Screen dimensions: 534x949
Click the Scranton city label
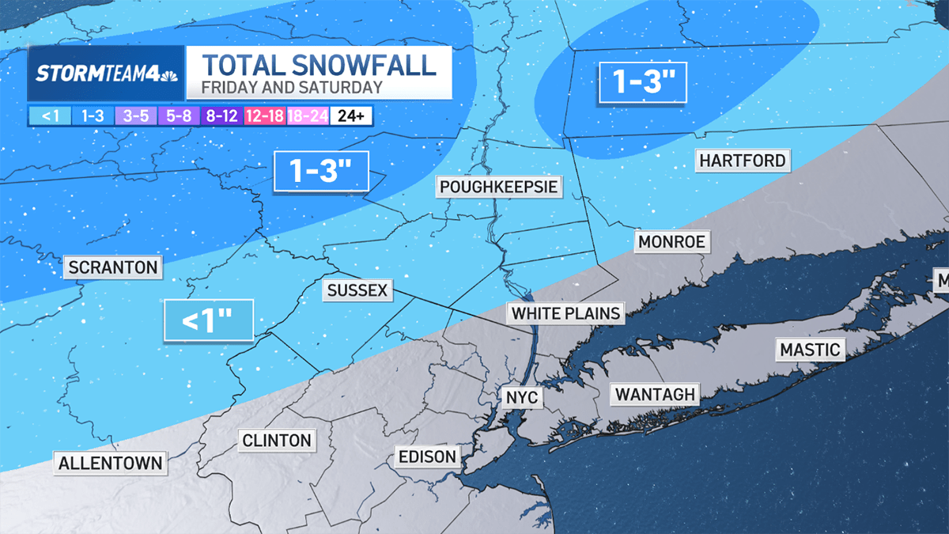pyautogui.click(x=113, y=267)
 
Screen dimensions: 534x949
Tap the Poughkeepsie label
pyautogui.click(x=499, y=187)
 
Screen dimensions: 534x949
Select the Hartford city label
pyautogui.click(x=743, y=161)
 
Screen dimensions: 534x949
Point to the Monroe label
pyautogui.click(x=671, y=241)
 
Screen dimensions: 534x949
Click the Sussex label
pyautogui.click(x=357, y=290)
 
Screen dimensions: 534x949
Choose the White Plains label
pyautogui.click(x=565, y=313)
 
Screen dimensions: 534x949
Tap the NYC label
pyautogui.click(x=522, y=396)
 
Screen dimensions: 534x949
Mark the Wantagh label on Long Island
pyautogui.click(x=655, y=393)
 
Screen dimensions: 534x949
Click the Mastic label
pyautogui.click(x=810, y=350)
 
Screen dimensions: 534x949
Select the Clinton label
pyautogui.click(x=277, y=440)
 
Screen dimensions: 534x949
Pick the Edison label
pyautogui.click(x=427, y=456)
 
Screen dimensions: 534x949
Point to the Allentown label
pyautogui.click(x=111, y=463)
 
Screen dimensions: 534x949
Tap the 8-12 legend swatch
pyautogui.click(x=222, y=116)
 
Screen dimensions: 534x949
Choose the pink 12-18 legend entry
pyautogui.click(x=265, y=116)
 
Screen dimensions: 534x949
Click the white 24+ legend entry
pyautogui.click(x=350, y=116)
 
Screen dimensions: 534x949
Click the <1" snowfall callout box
pyautogui.click(x=208, y=321)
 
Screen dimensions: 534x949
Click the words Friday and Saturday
pyautogui.click(x=292, y=88)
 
